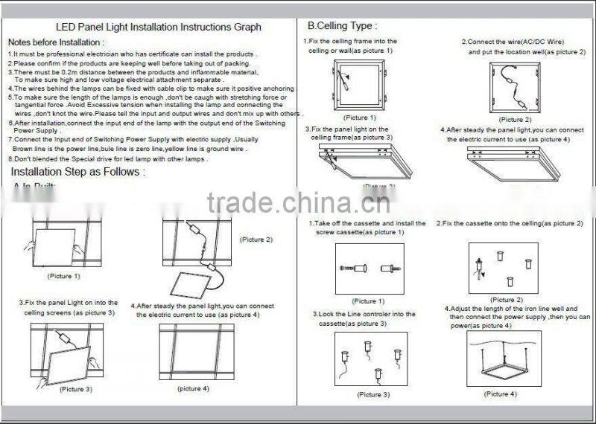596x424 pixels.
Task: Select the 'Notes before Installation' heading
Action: [x=56, y=42]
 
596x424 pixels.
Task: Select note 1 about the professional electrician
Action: [x=133, y=54]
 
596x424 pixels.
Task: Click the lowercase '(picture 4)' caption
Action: [x=193, y=388]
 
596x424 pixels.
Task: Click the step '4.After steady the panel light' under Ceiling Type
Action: [x=507, y=135]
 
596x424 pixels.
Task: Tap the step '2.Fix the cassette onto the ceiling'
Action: [x=510, y=223]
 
